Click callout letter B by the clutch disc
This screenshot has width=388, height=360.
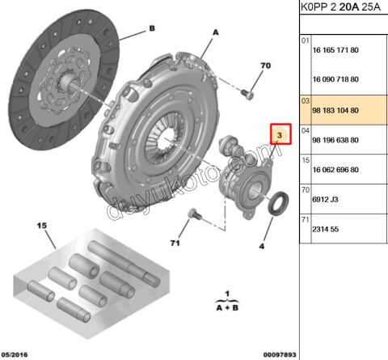tap(152, 28)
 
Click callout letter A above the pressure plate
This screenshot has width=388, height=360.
tap(216, 32)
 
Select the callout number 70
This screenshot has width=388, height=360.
tap(265, 66)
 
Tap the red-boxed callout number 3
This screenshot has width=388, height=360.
tap(280, 135)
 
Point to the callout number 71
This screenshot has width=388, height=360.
tap(175, 244)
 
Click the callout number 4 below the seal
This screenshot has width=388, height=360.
tap(262, 246)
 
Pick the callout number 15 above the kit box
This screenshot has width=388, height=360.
tap(42, 226)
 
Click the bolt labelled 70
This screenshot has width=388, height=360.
tap(247, 95)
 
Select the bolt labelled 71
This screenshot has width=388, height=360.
tap(196, 214)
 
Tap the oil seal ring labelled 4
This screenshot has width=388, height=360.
tap(278, 204)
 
